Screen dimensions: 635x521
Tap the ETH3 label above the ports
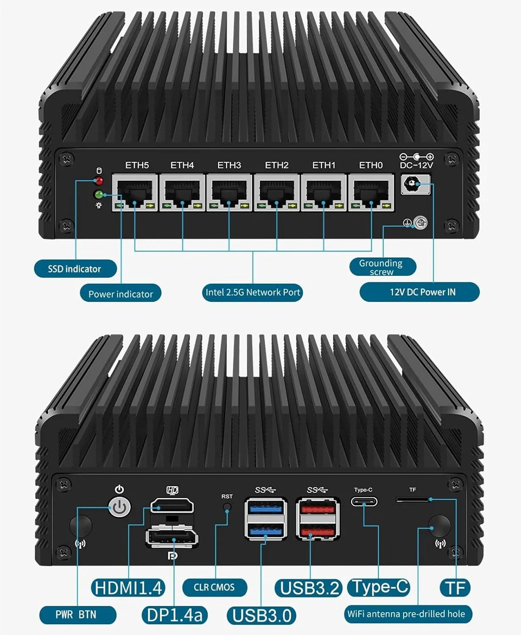229,165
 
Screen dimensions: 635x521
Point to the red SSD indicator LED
99,181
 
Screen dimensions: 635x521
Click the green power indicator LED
100,195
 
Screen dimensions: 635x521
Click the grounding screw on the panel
420,222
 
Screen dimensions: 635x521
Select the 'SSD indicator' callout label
75,269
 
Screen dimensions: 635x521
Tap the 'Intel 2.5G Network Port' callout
253,292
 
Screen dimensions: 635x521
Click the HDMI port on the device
172,505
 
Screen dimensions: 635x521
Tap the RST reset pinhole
227,506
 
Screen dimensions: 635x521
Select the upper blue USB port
266,507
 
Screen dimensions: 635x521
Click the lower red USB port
318,530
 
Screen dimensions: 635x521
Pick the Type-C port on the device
364,502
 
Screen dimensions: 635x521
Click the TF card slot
413,500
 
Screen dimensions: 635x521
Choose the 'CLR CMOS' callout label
214,587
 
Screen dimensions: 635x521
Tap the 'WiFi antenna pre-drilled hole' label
406,614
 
